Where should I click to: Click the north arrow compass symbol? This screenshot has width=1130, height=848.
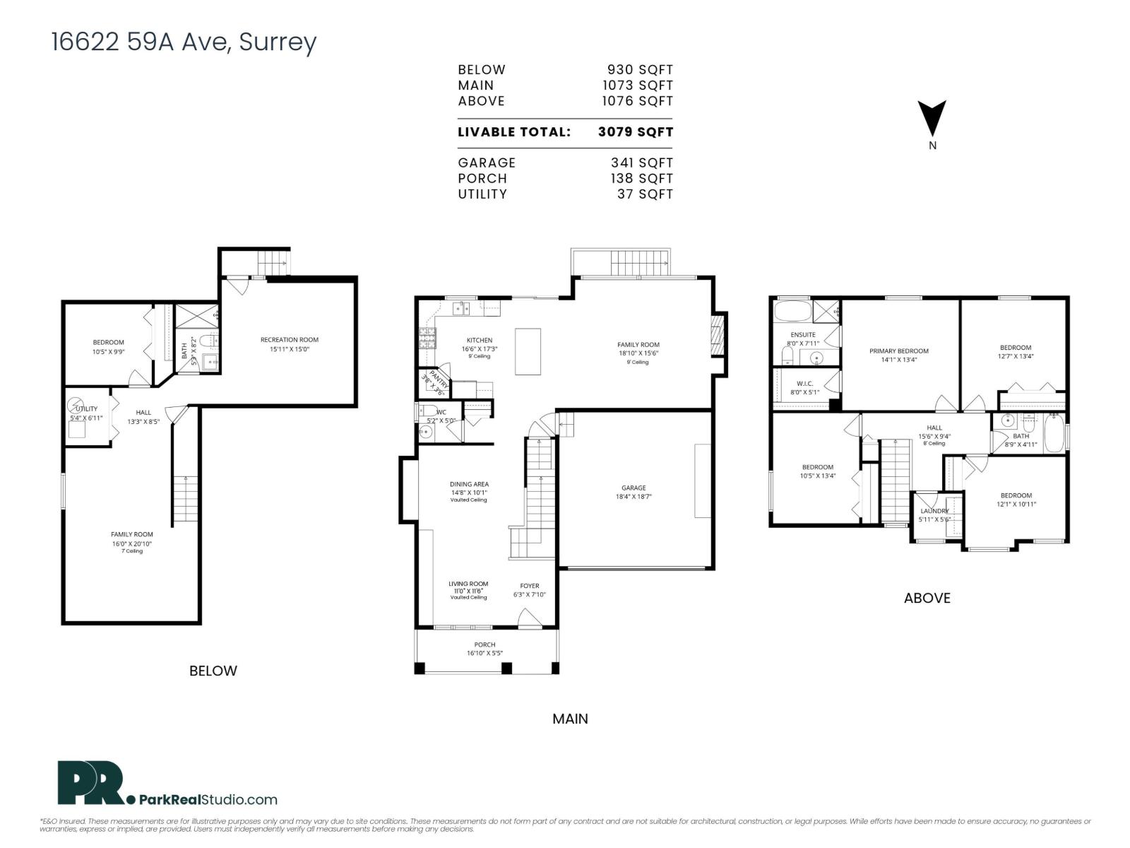click(932, 118)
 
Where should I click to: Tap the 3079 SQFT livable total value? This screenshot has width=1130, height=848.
click(635, 132)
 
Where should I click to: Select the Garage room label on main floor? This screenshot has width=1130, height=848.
click(634, 488)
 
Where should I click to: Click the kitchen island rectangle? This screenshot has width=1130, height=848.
click(528, 351)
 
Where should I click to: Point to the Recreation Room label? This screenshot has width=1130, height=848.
click(289, 340)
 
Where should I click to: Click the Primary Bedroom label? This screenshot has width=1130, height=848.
click(898, 351)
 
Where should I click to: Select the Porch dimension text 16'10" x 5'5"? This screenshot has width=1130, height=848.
click(484, 654)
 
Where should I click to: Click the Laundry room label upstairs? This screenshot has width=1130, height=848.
click(934, 511)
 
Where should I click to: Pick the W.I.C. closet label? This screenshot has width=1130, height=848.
click(804, 384)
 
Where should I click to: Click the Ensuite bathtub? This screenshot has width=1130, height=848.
click(792, 311)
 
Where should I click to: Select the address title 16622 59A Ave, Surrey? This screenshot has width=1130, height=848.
click(184, 42)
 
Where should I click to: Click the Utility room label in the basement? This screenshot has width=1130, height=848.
click(86, 409)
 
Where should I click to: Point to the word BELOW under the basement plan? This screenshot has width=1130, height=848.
click(213, 671)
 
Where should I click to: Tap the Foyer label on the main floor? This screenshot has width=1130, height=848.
click(529, 586)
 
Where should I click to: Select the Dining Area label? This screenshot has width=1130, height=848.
click(469, 485)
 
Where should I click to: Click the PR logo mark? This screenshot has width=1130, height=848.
click(90, 783)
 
